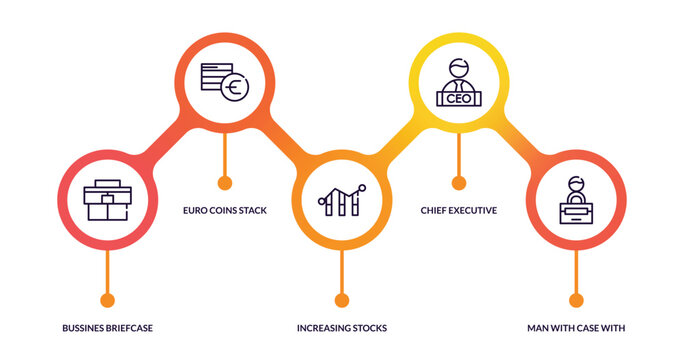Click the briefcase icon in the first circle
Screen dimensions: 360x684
pyautogui.click(x=107, y=201)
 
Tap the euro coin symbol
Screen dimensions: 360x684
pyautogui.click(x=235, y=88)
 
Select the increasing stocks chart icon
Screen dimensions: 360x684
pyautogui.click(x=342, y=201)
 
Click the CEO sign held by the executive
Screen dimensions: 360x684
pyautogui.click(x=459, y=98)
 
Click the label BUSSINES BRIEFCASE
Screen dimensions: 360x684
pyautogui.click(x=107, y=327)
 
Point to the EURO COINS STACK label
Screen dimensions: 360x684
pyautogui.click(x=224, y=210)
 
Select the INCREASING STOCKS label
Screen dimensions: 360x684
pyautogui.click(x=342, y=327)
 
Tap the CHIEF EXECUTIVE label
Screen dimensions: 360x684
pyautogui.click(x=459, y=210)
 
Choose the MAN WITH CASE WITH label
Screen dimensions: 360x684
pyautogui.click(x=576, y=327)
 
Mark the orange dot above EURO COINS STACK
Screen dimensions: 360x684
pyautogui.click(x=224, y=183)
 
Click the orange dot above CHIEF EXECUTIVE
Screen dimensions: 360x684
pyautogui.click(x=459, y=183)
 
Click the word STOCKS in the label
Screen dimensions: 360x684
pyautogui.click(x=368, y=327)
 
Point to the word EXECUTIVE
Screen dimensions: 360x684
pyautogui.click(x=471, y=210)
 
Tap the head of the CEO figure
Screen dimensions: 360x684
pyautogui.click(x=459, y=69)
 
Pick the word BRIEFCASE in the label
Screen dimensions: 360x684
pyautogui.click(x=127, y=327)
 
